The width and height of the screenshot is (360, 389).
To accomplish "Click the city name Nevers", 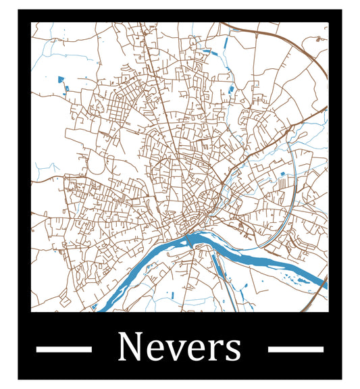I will click(x=179, y=347).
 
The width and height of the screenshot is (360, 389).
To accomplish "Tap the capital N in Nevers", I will click(x=130, y=347).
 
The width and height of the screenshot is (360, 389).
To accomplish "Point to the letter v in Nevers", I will click(x=175, y=351).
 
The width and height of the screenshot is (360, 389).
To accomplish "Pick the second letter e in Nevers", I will click(x=195, y=351).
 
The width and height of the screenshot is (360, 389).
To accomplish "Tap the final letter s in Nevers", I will click(x=231, y=351).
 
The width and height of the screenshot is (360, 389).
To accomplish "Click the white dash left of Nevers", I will click(x=63, y=348).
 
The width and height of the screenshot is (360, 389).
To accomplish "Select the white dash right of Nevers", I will click(x=296, y=348).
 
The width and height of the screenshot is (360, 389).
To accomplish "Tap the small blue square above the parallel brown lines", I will click(x=282, y=174).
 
